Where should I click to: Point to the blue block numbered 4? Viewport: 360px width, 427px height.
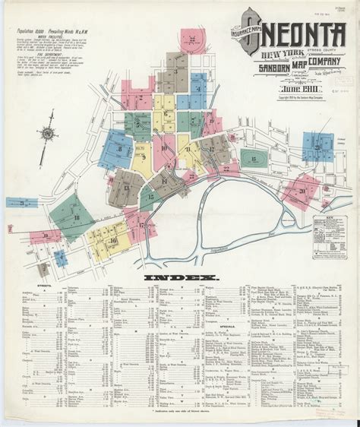199,89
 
